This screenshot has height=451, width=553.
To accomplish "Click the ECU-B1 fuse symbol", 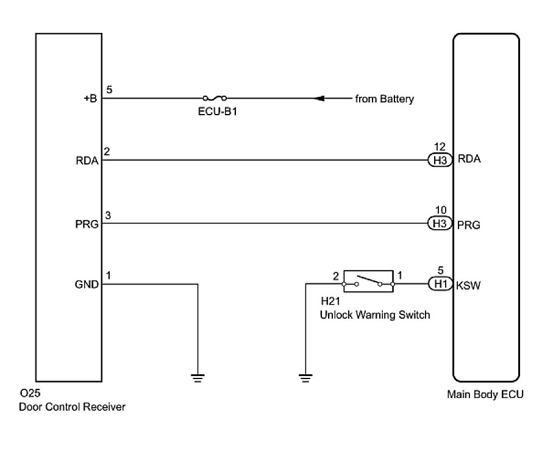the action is tap(215, 98).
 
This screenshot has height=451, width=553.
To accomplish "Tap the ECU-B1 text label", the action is tap(217, 112).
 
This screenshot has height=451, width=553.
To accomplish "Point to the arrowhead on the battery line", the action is tap(319, 98).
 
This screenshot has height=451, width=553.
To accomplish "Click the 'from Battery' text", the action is tap(385, 99).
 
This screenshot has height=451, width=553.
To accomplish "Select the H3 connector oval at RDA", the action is tap(440, 160).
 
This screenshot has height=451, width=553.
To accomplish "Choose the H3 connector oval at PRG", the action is tap(440, 223).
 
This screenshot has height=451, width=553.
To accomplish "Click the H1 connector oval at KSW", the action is tap(440, 284).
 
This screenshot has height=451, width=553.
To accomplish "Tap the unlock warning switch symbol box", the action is tap(368, 282).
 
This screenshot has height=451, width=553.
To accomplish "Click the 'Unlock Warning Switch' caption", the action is tap(375, 314).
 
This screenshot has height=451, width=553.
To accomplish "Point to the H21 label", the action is tap(330, 301).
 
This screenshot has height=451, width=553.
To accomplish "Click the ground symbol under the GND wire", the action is tap(198, 378).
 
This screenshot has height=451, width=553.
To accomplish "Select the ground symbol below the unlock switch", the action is tap(305, 378).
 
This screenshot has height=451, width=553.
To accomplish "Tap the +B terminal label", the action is tap(90, 98).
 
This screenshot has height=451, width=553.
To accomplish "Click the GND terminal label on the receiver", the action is tap(87, 284).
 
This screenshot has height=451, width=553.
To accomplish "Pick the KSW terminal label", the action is tap(468, 285).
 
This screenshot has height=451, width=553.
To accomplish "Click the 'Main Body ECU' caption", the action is tap(485, 394).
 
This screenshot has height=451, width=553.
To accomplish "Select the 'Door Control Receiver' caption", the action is tap(72, 407).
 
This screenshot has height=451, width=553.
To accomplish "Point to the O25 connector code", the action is tap(30, 393).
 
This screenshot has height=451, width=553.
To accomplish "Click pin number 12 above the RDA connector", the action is tap(440, 147).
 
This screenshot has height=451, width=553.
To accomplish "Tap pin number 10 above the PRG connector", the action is tap(441, 210).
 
